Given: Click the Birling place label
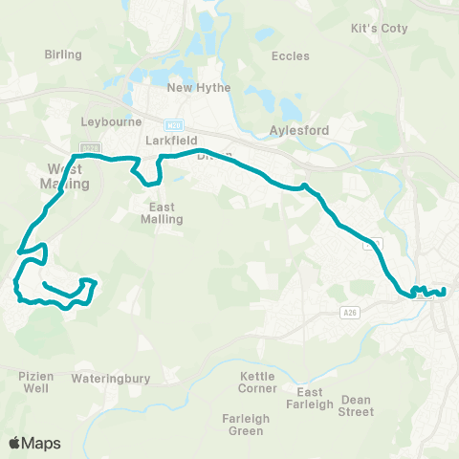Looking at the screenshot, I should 63,55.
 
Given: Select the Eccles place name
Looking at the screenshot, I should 290,56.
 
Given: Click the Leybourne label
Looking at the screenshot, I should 111,122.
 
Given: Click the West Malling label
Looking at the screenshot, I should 66,176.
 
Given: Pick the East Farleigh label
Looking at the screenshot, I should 316,399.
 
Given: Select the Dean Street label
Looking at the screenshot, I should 357,405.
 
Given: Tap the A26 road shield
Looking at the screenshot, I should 351,313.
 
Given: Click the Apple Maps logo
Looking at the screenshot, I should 34,443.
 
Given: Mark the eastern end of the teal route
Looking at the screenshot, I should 445,291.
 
